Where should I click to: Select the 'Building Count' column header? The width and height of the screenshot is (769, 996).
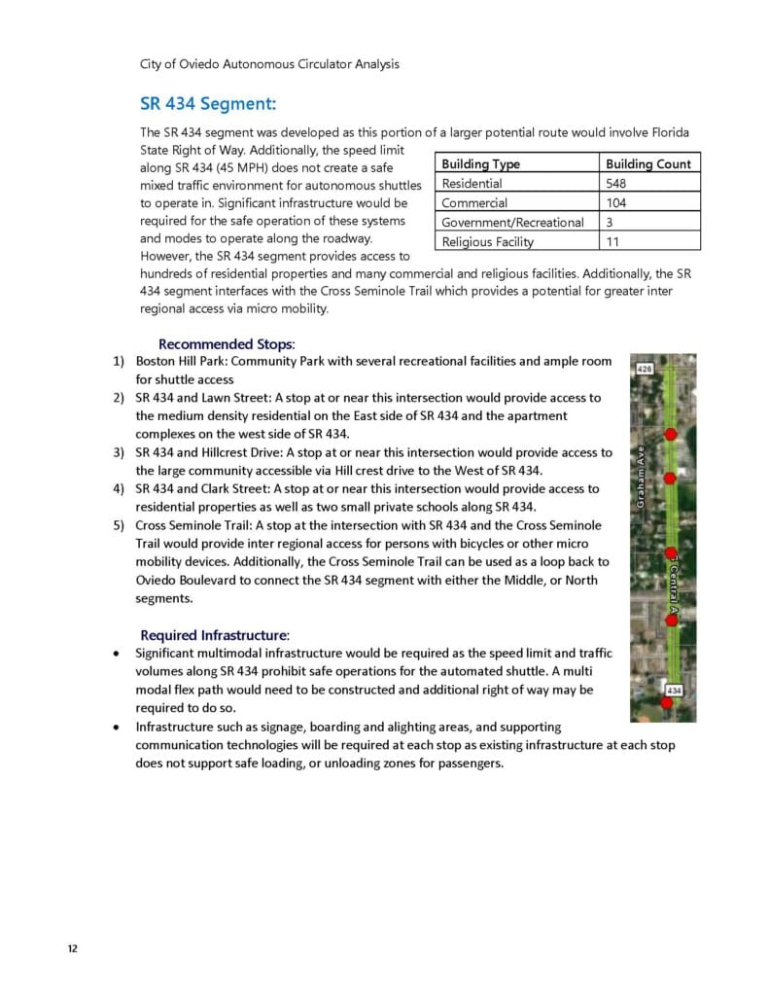[647, 163]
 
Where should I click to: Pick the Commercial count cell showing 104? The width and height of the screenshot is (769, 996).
[616, 202]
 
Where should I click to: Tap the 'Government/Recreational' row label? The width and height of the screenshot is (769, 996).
[512, 222]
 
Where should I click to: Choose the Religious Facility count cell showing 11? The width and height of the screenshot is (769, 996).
[612, 241]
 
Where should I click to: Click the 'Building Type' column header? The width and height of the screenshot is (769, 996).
[480, 163]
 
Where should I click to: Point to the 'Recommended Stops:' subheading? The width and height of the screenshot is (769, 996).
[227, 343]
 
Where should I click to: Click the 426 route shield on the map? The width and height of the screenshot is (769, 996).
[644, 370]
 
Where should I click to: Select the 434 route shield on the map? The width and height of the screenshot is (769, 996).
[673, 690]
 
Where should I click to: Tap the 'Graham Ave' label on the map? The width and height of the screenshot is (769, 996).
[642, 477]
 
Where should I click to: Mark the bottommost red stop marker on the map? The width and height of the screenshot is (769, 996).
[667, 703]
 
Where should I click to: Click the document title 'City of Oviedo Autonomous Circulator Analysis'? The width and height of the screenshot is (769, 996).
[269, 64]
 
